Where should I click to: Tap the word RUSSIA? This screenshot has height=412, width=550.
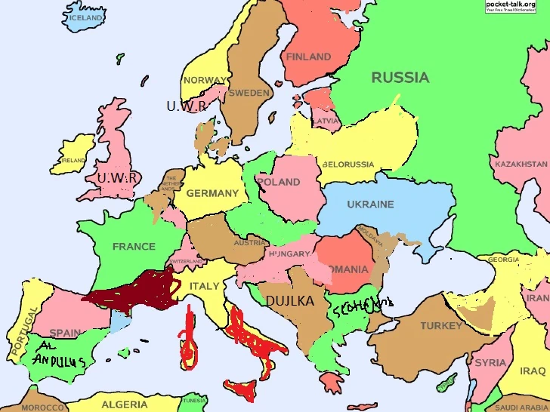[400, 77]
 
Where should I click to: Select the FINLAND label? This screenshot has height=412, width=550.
[308, 57]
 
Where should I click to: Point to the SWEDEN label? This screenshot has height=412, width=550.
[249, 93]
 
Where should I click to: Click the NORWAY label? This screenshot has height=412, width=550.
[204, 80]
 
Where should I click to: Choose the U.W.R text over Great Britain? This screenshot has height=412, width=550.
[118, 177]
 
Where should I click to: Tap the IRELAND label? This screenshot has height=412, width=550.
[73, 161]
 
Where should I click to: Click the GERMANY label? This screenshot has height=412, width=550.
[212, 193]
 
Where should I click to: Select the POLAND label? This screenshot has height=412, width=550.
[279, 182]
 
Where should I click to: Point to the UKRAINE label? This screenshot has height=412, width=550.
[370, 204]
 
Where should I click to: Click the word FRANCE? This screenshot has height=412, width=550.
[134, 246]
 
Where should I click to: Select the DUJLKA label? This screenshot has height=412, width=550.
[289, 301]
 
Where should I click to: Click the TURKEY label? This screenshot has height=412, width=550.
[441, 326]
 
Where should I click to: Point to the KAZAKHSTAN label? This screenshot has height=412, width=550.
[521, 164]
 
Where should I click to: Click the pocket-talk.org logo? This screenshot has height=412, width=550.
[516, 6]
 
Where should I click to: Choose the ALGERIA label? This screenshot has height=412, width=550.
[125, 404]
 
